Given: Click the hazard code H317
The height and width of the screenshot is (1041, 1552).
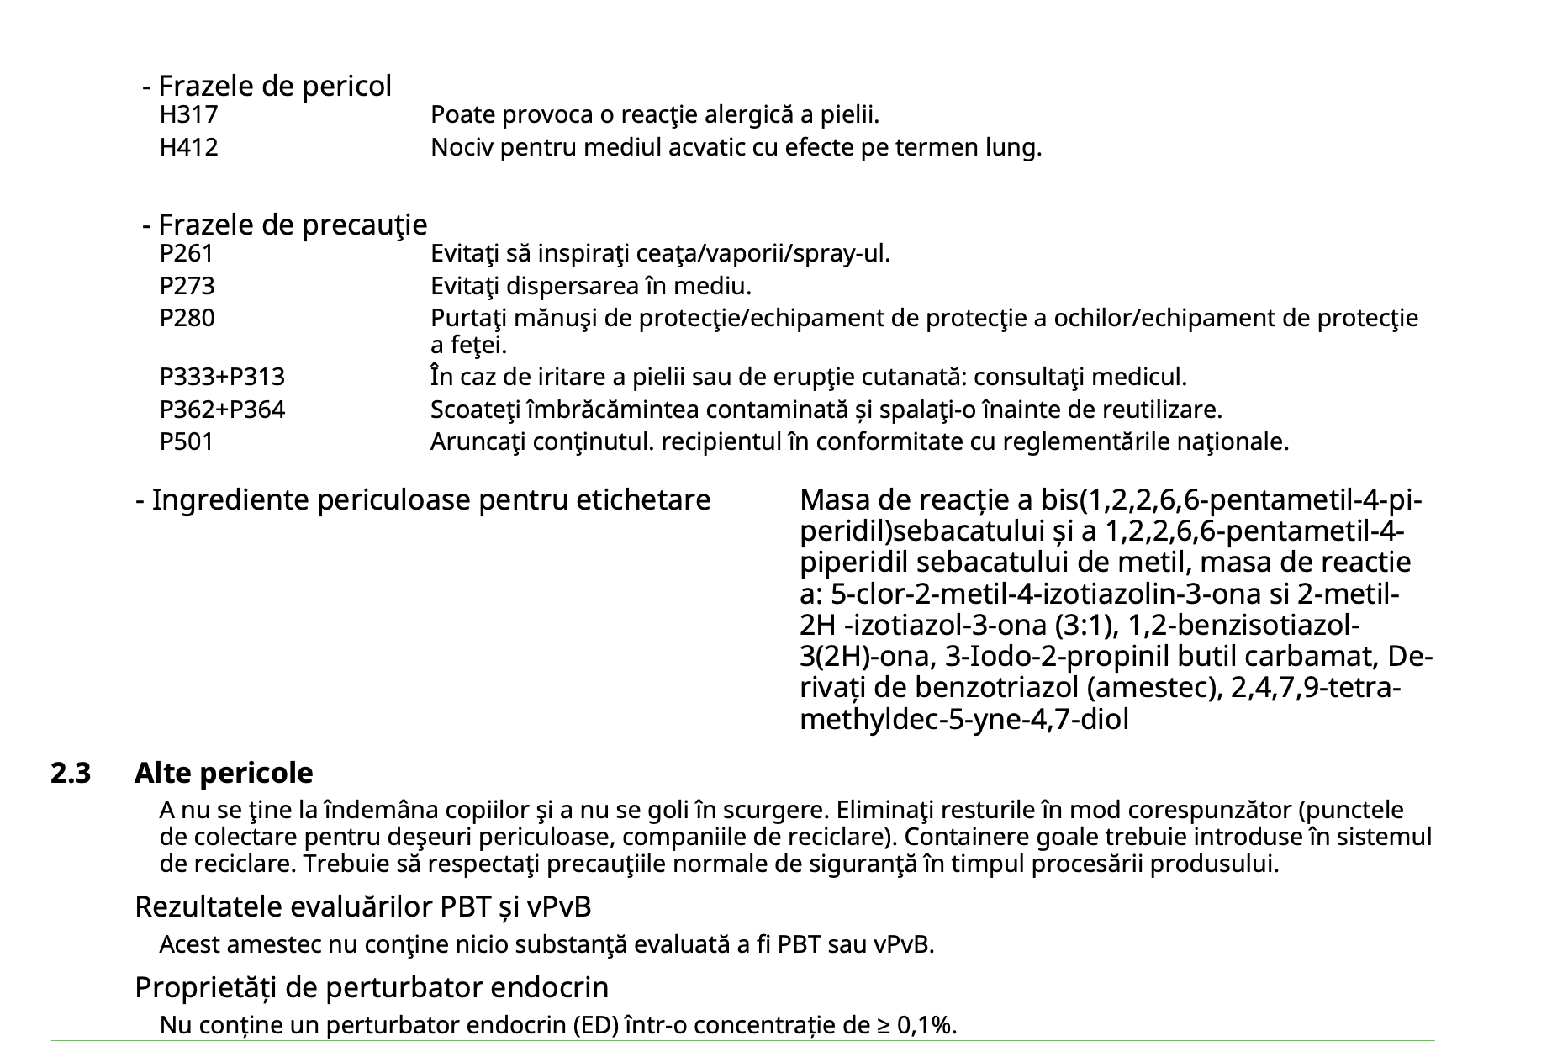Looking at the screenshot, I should pyautogui.click(x=188, y=114).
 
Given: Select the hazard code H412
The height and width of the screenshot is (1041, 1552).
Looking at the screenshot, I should pyautogui.click(x=188, y=148).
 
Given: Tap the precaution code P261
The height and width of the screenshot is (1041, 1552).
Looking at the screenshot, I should pyautogui.click(x=187, y=253).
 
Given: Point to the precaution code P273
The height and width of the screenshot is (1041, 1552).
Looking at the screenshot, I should pyautogui.click(x=187, y=286).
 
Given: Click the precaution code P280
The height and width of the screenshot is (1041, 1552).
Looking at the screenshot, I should pyautogui.click(x=187, y=319).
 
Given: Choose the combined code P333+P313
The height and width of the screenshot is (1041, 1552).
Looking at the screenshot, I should pyautogui.click(x=222, y=377).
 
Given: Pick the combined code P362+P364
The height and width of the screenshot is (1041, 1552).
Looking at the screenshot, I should pyautogui.click(x=222, y=410).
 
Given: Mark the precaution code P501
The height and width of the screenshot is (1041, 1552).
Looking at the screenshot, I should pyautogui.click(x=187, y=441).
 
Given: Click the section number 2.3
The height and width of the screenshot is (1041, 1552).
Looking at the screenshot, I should pyautogui.click(x=71, y=773).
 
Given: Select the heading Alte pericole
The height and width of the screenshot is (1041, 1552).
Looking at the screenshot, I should pyautogui.click(x=224, y=773).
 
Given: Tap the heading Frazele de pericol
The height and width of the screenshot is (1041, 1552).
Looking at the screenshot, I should pyautogui.click(x=274, y=86).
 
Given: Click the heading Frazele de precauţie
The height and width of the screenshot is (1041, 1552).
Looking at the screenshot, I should pyautogui.click(x=292, y=225).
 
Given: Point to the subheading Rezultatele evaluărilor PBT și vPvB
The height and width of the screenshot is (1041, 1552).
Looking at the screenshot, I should pyautogui.click(x=363, y=906).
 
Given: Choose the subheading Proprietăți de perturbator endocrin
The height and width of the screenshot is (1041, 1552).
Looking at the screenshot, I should pyautogui.click(x=372, y=986).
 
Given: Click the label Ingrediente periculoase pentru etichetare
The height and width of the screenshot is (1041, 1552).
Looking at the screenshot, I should pyautogui.click(x=430, y=500).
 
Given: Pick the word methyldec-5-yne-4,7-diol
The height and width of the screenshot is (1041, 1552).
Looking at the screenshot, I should pyautogui.click(x=964, y=720).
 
